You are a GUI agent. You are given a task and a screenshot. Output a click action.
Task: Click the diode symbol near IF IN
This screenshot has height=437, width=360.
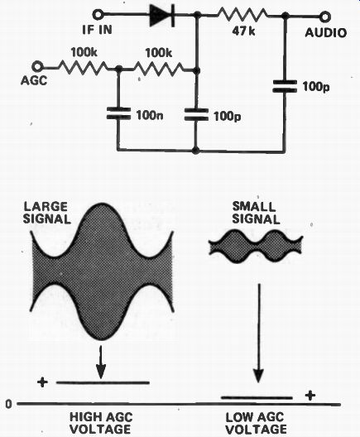pos(162,15)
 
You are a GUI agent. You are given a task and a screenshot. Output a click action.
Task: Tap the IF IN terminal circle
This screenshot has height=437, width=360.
pos(98,15)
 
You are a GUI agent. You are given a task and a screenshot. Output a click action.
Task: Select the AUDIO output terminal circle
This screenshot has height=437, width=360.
pos(325,17)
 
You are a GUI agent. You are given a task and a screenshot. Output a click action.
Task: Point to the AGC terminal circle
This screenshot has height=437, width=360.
pos(37,67)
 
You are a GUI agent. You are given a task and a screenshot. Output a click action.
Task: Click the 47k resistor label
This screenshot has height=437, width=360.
pos(243,31)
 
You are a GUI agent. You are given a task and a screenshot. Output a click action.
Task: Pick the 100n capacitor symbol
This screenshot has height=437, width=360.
pos(118,113)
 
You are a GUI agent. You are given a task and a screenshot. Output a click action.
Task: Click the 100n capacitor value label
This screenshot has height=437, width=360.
pos(150,114)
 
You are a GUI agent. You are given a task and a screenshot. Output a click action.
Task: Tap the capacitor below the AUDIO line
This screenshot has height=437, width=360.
pos(285,86)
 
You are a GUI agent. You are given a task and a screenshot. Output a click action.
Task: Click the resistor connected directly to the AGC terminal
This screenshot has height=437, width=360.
pos(83,67)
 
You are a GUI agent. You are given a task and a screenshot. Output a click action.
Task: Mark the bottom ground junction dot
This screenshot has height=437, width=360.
pos(196,151)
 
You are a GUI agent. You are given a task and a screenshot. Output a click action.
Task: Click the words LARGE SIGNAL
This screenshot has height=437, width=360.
pos(46,214)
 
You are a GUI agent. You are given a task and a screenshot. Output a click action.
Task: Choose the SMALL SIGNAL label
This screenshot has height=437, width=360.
pos(256,214)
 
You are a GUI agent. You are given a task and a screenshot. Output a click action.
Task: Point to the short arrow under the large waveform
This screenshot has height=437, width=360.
pos(101,362)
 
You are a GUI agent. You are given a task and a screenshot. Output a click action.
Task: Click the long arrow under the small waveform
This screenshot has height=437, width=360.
pos(259,333)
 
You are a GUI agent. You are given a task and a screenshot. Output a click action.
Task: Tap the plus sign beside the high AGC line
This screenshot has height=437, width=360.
pos(42,382)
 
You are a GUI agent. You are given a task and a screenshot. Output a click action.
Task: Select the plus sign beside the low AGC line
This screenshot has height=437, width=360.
pos(310,395)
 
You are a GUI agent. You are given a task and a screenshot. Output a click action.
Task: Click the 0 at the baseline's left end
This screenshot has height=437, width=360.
pos(9,404)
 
